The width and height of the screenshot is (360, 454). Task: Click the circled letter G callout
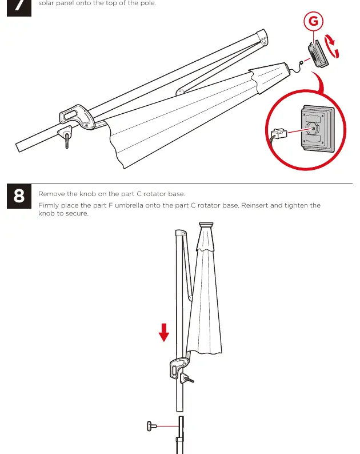pos(313,21)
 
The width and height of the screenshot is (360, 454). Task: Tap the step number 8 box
pos(19,196)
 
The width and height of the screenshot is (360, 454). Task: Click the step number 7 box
pos(19,8)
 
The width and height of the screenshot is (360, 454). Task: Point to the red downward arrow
pos(164,332)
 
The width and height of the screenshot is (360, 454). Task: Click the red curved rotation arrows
pos(331,46)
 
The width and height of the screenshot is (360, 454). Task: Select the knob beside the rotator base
pos(151,426)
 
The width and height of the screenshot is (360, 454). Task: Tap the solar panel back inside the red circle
pos(318,129)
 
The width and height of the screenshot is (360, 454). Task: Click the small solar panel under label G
pos(318,54)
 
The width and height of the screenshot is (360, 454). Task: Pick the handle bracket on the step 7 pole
pos(77,117)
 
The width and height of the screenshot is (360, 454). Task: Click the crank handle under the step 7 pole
pos(66,137)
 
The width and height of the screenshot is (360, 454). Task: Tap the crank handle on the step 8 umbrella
pos(186,378)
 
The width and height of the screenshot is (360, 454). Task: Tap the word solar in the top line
pos(46,3)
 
